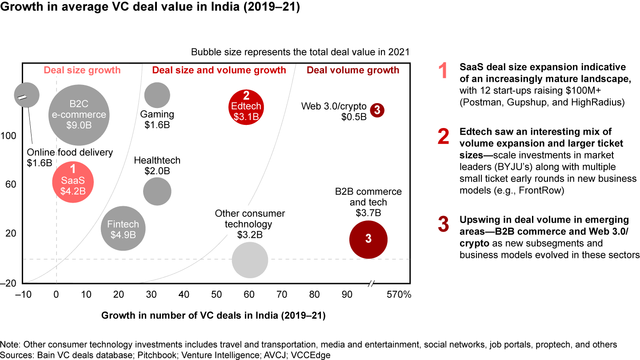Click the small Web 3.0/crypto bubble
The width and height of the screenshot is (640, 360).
(x=376, y=110)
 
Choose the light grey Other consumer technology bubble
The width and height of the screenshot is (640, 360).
(x=250, y=260)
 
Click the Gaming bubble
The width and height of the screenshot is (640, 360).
(x=157, y=95)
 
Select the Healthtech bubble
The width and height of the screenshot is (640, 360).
(x=157, y=192)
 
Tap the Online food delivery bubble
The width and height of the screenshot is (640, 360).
(x=27, y=94)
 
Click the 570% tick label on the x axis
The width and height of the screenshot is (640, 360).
(x=398, y=294)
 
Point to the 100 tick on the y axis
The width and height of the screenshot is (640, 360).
(x=9, y=136)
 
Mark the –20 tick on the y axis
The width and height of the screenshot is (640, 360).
(x=8, y=283)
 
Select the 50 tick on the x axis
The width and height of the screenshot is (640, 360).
(x=216, y=294)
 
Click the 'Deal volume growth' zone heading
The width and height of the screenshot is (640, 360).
(x=353, y=70)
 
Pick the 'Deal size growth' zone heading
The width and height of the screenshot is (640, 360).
(x=82, y=70)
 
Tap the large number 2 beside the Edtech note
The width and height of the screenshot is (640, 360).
(x=444, y=137)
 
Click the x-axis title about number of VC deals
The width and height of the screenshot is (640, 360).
(x=213, y=316)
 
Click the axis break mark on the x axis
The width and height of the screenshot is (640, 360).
(x=372, y=283)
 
